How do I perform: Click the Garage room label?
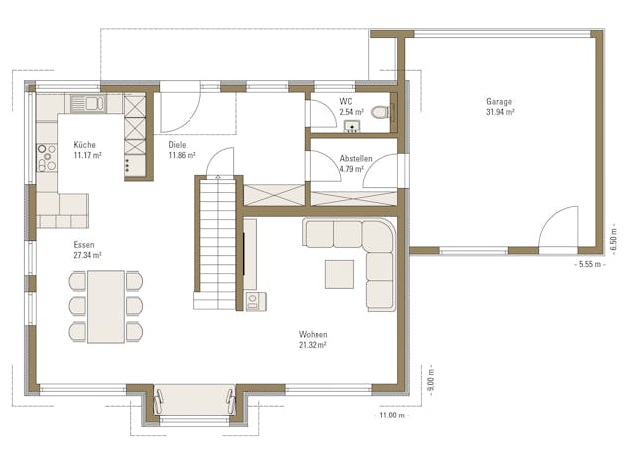(499, 102)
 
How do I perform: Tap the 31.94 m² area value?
(499, 112)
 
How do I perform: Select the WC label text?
(345, 102)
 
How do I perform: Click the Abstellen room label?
(355, 159)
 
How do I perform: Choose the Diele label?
(177, 145)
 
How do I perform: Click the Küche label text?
(85, 145)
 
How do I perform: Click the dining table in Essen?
(106, 305)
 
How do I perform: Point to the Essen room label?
(84, 244)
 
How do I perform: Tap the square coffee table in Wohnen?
(338, 272)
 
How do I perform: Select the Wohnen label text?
(313, 335)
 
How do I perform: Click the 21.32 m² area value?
(313, 345)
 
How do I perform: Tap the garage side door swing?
(559, 226)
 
